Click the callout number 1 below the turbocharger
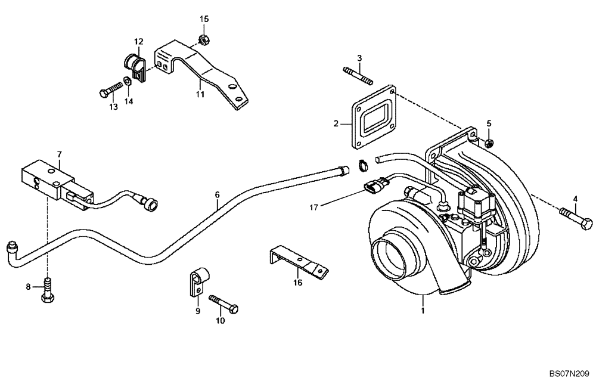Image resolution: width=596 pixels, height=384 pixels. point(422,311)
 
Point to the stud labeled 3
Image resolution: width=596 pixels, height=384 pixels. point(357,76)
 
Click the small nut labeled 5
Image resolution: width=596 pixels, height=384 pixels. point(489,142)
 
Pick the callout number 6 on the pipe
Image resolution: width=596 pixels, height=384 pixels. point(218,195)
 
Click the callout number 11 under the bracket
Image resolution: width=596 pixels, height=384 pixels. point(200,94)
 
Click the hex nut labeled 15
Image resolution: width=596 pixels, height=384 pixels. point(201,40)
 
